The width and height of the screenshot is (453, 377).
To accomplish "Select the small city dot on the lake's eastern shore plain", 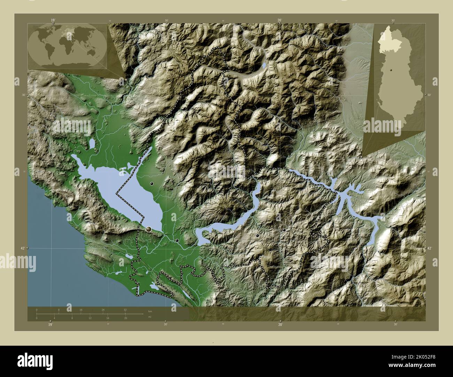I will pyautogui.click(x=152, y=183).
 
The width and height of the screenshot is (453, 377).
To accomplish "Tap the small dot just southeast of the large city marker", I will pyautogui.click(x=177, y=240).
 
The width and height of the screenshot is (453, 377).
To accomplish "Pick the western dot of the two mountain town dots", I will pyautogui.click(x=258, y=235).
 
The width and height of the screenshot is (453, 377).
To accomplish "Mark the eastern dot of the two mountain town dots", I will pyautogui.click(x=284, y=230).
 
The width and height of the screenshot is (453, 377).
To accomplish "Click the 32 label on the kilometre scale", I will pyautogui.click(x=125, y=310).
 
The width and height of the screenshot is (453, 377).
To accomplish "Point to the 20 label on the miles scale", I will pyautogui.click(x=125, y=318).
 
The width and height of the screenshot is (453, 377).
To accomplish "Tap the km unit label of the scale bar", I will pyautogui.click(x=150, y=311).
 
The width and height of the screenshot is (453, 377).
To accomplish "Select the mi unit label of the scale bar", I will pyautogui.click(x=149, y=317).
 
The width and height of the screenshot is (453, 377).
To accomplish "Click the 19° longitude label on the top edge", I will pyautogui.click(x=53, y=21).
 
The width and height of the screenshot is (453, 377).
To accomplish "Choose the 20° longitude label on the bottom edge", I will pyautogui.click(x=280, y=324).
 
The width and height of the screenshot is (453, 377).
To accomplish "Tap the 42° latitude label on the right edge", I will pyautogui.click(x=429, y=248).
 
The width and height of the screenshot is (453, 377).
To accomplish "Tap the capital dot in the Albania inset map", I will pyautogui.click(x=392, y=71).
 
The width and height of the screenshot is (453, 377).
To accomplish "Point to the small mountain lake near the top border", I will pyautogui.click(x=264, y=65).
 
